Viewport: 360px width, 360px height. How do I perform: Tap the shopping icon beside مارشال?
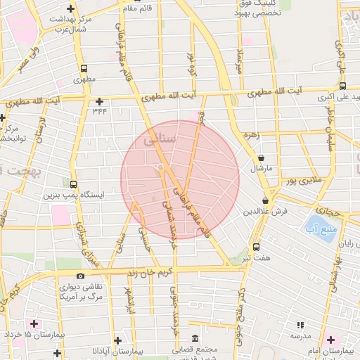coord(262,159)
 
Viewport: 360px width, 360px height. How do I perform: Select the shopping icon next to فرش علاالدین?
coord(265,200)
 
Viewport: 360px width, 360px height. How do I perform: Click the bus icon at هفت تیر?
coord(256,247)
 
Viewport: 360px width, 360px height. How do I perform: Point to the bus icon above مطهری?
coord(84,69)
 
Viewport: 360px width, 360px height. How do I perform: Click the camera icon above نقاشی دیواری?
coord(81,276)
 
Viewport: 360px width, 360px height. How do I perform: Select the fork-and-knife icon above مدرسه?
coord(301,325)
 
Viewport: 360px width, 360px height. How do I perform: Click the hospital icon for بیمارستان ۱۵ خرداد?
coord(33,324)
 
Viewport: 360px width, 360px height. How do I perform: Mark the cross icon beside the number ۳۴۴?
coord(99,101)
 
